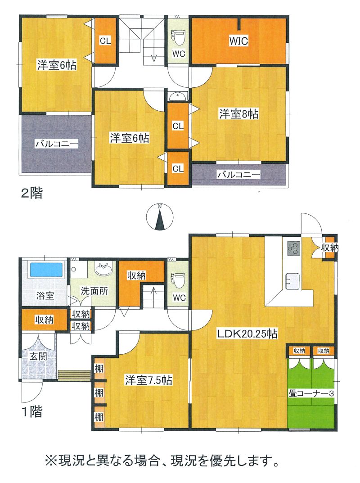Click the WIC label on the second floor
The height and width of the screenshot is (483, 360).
(238, 41)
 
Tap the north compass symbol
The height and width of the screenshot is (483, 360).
(159, 217)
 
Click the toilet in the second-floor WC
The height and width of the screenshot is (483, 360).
(178, 37)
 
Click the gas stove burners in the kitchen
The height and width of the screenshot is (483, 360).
(293, 248)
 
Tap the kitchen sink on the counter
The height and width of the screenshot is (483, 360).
(292, 281)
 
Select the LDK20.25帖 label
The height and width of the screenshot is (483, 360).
(247, 334)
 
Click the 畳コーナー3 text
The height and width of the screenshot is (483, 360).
(311, 393)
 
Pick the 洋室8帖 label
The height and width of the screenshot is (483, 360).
(238, 114)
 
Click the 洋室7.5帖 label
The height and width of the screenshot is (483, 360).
(148, 380)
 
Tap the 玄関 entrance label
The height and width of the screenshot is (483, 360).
(39, 357)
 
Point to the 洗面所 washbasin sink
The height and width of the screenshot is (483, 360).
(104, 269)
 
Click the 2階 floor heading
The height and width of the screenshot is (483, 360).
(31, 193)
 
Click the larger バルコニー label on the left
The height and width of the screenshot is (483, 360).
(56, 144)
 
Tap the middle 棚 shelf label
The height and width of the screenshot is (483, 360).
(99, 393)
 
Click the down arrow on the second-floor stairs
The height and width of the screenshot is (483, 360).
(154, 58)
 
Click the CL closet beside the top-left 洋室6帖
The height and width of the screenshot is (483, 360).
(105, 41)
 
